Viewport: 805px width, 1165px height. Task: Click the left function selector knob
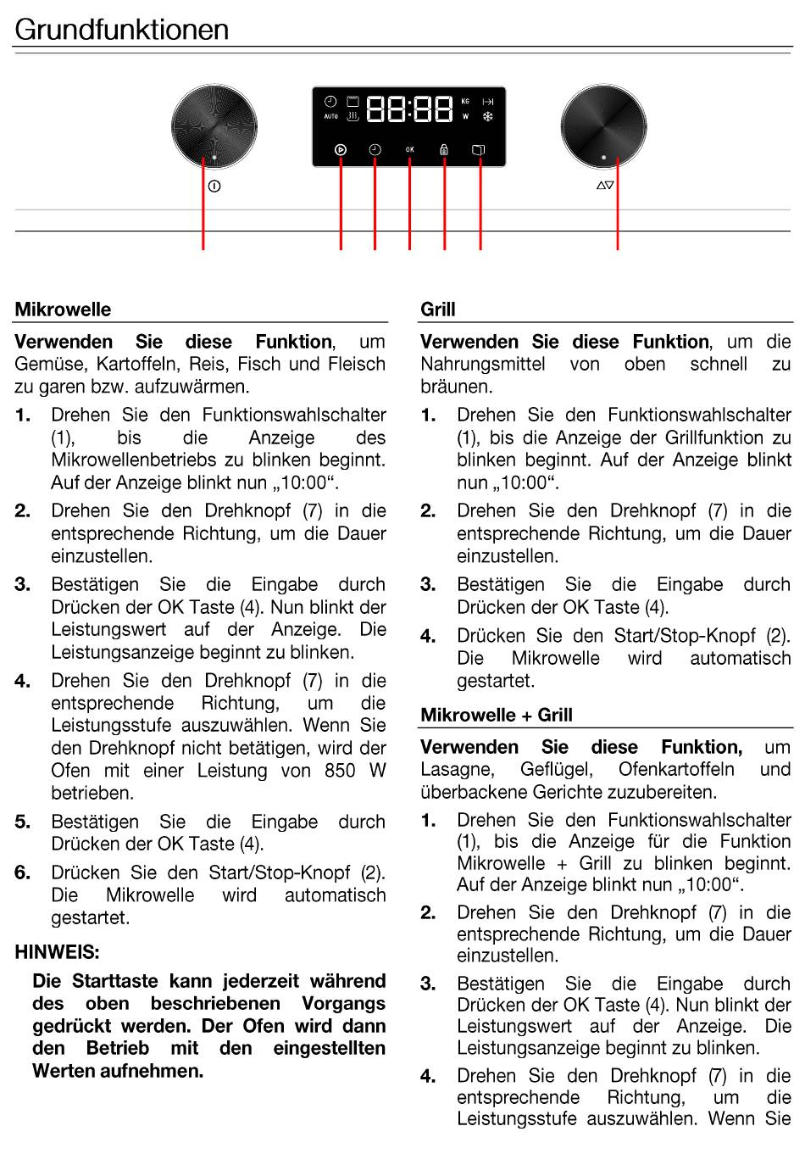214,127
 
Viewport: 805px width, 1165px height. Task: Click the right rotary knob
603,127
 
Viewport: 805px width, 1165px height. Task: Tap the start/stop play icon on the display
340,150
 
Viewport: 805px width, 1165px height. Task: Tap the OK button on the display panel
410,150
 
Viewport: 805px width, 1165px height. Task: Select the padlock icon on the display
444,150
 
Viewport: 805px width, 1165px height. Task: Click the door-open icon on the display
479,150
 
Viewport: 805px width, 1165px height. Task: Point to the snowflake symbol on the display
488,117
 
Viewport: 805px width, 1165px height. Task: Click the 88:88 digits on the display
410,109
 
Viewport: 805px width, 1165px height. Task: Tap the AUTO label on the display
330,117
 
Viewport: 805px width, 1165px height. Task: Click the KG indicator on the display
465,102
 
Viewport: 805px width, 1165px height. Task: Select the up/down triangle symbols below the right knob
605,185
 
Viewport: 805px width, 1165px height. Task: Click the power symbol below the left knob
214,187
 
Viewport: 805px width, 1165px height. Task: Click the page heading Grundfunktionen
122,30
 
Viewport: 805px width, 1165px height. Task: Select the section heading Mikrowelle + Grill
497,715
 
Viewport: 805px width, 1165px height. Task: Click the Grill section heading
438,309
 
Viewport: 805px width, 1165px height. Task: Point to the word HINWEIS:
57,952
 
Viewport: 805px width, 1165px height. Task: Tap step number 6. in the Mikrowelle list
23,872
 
